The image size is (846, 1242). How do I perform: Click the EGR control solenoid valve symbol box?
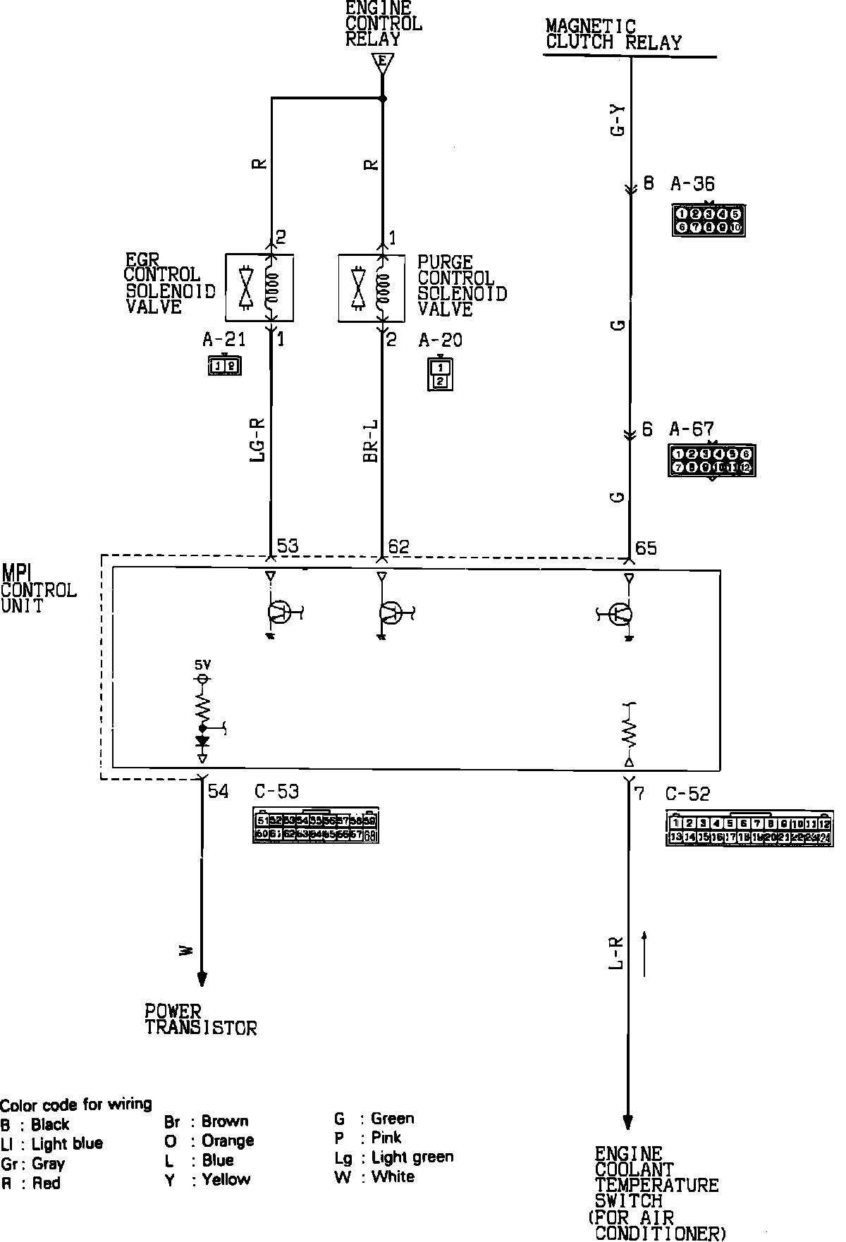[x=259, y=288]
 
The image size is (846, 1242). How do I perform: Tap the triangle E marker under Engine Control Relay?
[x=381, y=63]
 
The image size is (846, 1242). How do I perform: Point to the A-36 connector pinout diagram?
[x=708, y=220]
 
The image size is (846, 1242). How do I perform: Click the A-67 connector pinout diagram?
[x=712, y=460]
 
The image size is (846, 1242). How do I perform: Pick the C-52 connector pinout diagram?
[x=749, y=830]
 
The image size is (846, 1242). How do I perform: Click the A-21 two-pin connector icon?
[x=225, y=365]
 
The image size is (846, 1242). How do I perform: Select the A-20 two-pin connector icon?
[x=440, y=374]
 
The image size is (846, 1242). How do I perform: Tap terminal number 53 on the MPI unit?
[x=288, y=546]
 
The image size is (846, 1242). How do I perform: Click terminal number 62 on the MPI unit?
[x=399, y=546]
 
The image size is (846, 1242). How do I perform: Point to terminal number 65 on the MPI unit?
[x=646, y=548]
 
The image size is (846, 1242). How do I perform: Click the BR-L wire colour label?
[x=370, y=441]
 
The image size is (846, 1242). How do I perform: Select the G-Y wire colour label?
[x=618, y=121]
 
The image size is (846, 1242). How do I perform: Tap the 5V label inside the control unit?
[x=202, y=665]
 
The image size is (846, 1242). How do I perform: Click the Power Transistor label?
[x=200, y=1019]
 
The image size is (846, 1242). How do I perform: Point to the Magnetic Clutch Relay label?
[x=613, y=35]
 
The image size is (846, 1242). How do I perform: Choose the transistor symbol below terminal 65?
[x=621, y=615]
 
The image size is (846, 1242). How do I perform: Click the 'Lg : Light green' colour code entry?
[x=394, y=1157]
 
